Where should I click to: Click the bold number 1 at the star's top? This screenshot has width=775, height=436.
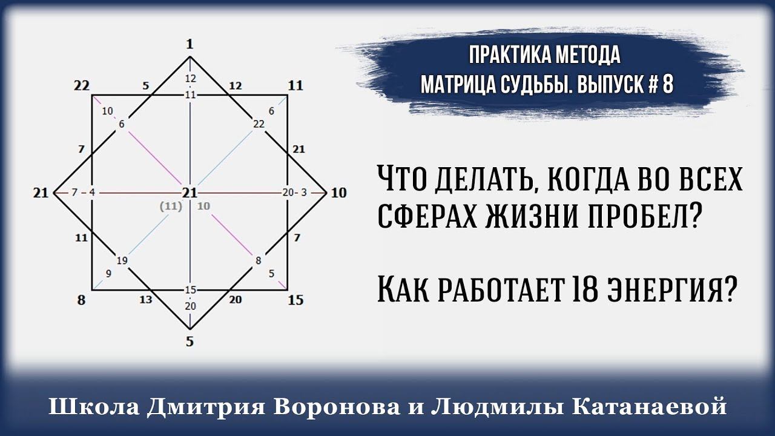[190, 44]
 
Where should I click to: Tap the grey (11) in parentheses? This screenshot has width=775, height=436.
[171, 206]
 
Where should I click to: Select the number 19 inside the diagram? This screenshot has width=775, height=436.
[122, 261]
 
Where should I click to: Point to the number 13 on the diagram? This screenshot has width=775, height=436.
[146, 299]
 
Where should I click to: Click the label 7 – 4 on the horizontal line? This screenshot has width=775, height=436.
[83, 193]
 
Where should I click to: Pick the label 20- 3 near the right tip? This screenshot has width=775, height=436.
[295, 193]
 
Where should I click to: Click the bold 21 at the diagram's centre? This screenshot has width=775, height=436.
[190, 193]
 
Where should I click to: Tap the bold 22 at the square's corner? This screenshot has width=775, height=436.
[82, 85]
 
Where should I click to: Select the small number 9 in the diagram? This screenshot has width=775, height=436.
[108, 273]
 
